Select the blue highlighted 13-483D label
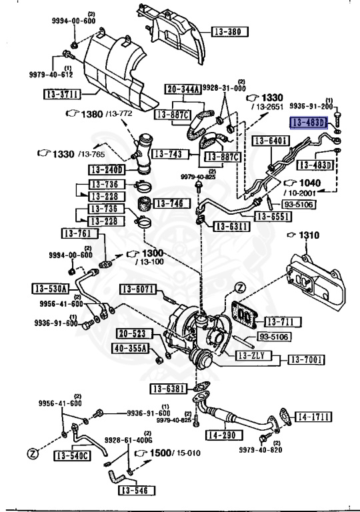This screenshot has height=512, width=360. click(x=307, y=122)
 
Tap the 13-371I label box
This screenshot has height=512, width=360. click(x=62, y=94)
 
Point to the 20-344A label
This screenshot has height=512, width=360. click(x=179, y=89)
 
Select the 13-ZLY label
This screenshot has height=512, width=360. click(x=252, y=356)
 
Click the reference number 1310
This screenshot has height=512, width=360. click(x=308, y=235)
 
